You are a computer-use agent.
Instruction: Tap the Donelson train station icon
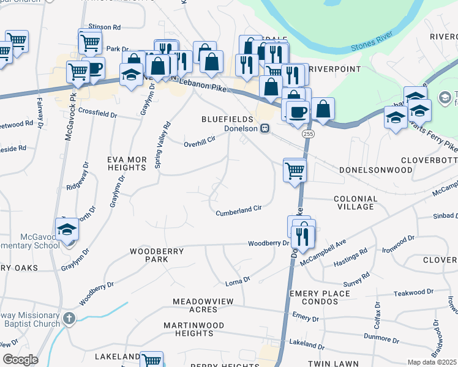tap(265, 128)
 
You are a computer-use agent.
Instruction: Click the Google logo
tap(20, 359)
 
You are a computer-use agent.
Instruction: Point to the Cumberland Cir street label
tap(239, 210)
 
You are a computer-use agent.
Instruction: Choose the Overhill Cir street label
tap(200, 142)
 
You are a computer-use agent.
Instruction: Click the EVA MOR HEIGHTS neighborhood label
tap(127, 163)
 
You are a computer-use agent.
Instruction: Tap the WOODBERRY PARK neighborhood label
tap(149, 255)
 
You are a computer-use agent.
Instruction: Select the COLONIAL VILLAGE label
tap(362, 203)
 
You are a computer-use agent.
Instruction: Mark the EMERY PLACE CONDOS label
tap(320, 298)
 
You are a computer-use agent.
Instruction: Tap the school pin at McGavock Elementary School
tap(67, 229)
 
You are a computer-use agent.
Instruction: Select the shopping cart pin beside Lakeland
tap(151, 360)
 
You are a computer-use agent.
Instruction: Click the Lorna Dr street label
tap(238, 280)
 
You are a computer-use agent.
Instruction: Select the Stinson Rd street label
tap(105, 28)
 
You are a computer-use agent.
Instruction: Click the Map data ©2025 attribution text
tap(432, 362)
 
